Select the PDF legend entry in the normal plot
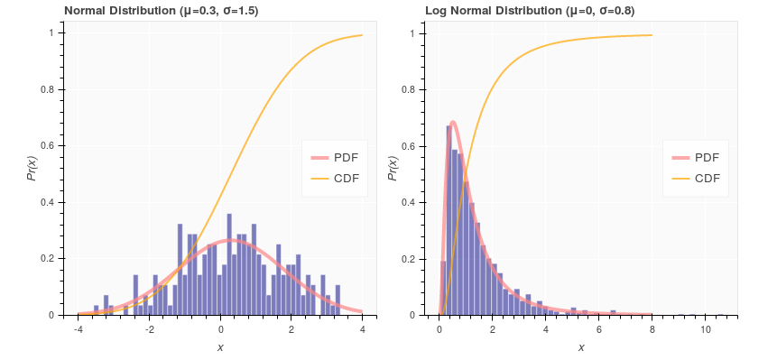pyautogui.click(x=334, y=157)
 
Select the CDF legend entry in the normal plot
pyautogui.click(x=334, y=178)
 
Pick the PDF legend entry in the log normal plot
pyautogui.click(x=695, y=157)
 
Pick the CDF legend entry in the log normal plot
pyautogui.click(x=695, y=178)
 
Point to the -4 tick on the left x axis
pyautogui.click(x=79, y=329)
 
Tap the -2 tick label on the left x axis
pyautogui.click(x=149, y=329)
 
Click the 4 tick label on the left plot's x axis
pyautogui.click(x=362, y=329)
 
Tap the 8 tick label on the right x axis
pyautogui.click(x=652, y=329)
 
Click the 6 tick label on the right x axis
pyautogui.click(x=599, y=329)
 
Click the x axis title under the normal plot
pyautogui.click(x=220, y=347)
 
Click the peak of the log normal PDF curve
pyautogui.click(x=453, y=122)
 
